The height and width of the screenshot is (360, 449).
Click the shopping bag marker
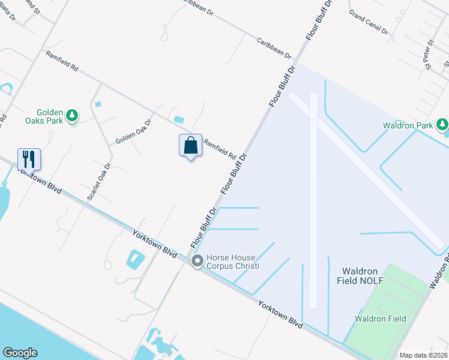click(190, 146)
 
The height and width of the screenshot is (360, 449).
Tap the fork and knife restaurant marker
click(29, 160)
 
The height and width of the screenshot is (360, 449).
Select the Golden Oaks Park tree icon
click(72, 115)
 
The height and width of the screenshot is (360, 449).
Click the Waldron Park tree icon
click(442, 125)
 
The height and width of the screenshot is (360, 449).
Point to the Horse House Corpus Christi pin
click(197, 261)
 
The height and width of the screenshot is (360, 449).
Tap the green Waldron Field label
click(380, 319)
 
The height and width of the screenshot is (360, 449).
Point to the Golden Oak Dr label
click(133, 130)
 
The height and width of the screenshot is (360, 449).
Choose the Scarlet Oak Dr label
click(99, 182)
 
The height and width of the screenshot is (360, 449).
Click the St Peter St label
click(429, 55)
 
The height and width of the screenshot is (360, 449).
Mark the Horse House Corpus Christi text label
click(234, 261)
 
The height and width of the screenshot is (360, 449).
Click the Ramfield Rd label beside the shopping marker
click(219, 149)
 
